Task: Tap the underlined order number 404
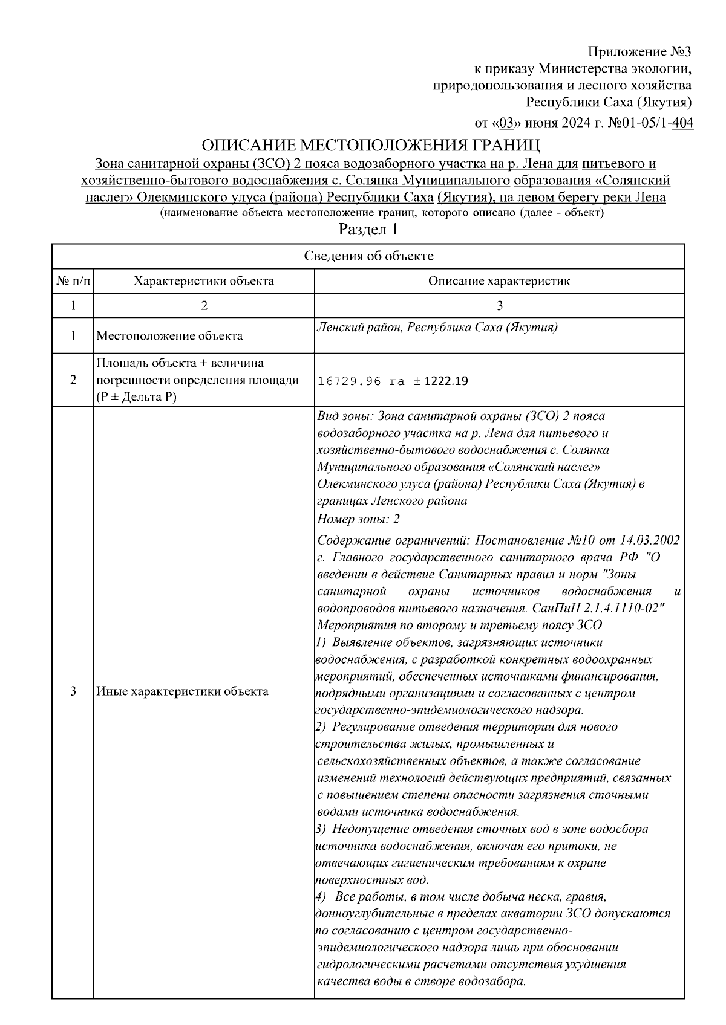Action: [x=682, y=123]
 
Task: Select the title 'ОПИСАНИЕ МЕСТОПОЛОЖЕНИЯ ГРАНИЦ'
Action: [x=370, y=146]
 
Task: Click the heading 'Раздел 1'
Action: [x=368, y=230]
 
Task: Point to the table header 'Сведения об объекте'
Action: [x=368, y=256]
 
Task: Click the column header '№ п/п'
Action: [x=73, y=281]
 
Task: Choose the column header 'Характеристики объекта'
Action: [x=204, y=281]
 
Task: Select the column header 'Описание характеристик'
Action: [x=499, y=281]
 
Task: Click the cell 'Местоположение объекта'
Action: [x=170, y=336]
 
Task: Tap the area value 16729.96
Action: [x=350, y=381]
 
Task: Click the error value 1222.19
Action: [x=445, y=381]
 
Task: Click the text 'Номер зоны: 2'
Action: [x=358, y=519]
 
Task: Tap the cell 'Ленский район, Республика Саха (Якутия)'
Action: [x=437, y=328]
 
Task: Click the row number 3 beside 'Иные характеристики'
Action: [x=73, y=691]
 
